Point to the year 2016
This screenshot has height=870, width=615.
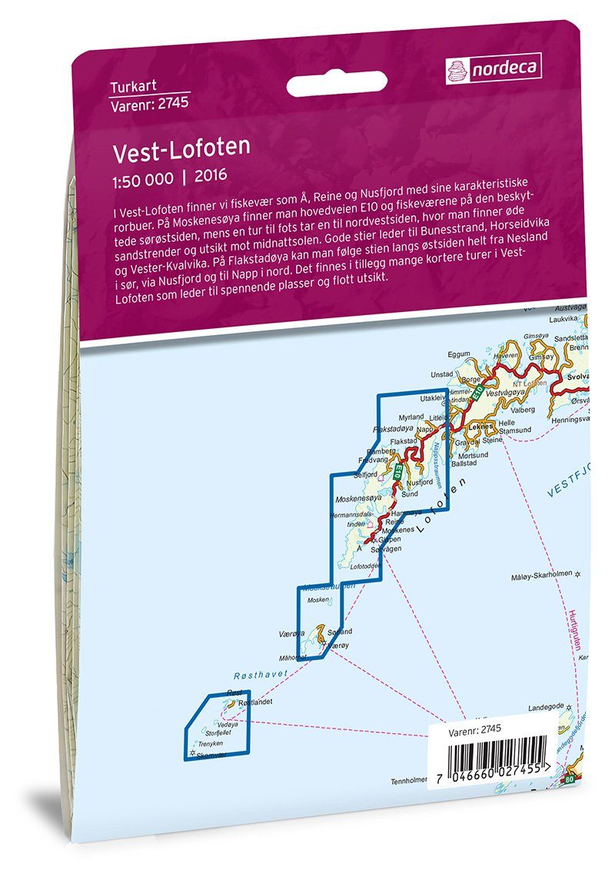pyautogui.click(x=211, y=174)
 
